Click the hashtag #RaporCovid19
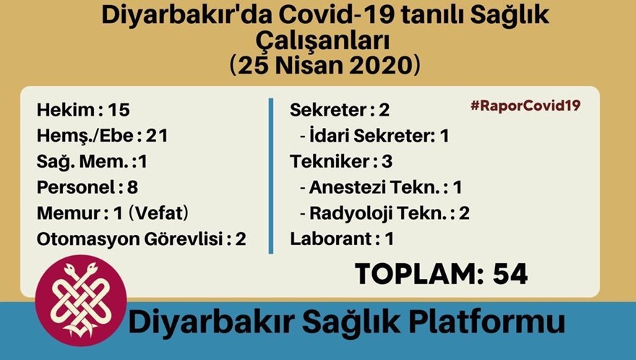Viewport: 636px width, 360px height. pyautogui.click(x=525, y=106)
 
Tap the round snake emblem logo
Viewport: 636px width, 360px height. pyautogui.click(x=80, y=299)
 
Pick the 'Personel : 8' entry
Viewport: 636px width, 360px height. pyautogui.click(x=87, y=187)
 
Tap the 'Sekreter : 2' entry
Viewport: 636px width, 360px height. pyautogui.click(x=340, y=111)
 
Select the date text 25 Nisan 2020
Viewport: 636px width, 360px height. pyautogui.click(x=325, y=66)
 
